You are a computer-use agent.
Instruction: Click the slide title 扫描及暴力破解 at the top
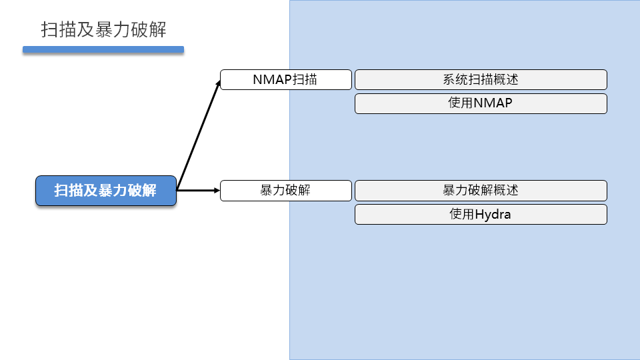click(x=103, y=30)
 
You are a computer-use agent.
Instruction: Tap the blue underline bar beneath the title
click(x=103, y=49)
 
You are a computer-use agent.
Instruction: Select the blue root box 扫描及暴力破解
click(x=105, y=191)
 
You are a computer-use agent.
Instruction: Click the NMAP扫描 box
click(x=285, y=79)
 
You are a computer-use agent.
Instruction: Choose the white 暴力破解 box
click(x=285, y=191)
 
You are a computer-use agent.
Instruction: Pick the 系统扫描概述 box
click(x=481, y=79)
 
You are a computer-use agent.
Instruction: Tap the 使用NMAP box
click(x=481, y=103)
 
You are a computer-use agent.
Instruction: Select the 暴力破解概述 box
click(x=481, y=191)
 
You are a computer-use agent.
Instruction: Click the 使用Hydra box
click(x=481, y=214)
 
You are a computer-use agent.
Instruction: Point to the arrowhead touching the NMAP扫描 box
click(x=217, y=83)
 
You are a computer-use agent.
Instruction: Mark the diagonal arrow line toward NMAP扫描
click(x=198, y=136)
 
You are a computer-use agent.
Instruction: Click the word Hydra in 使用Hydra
click(x=493, y=214)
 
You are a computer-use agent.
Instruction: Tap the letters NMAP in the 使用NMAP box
click(x=493, y=103)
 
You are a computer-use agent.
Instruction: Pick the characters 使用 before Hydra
click(x=462, y=214)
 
